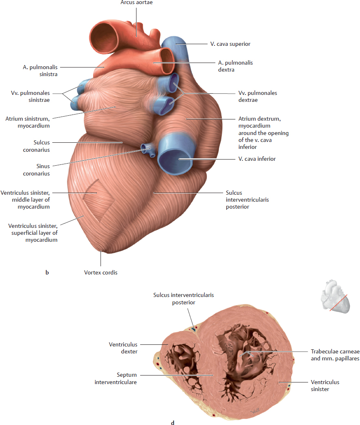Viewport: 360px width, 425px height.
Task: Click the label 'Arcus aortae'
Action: (136, 2)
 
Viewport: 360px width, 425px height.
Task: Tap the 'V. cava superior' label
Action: (230, 44)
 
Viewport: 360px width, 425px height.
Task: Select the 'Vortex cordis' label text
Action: (101, 272)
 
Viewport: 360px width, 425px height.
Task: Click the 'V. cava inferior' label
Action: (257, 159)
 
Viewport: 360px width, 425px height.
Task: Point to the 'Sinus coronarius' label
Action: (36, 170)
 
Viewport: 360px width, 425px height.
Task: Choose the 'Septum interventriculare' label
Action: (116, 378)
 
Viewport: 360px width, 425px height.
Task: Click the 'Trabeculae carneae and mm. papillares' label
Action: (335, 355)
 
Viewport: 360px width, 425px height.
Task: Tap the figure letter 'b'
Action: (47, 272)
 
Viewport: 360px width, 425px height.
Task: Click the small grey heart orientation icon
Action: (335, 297)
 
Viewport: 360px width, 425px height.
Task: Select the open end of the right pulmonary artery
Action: (167, 61)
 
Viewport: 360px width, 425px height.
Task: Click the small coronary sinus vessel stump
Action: (148, 150)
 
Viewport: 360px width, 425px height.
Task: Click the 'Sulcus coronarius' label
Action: (36, 146)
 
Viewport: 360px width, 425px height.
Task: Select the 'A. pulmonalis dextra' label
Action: (235, 66)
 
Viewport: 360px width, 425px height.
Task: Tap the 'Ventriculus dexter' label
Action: (123, 348)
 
